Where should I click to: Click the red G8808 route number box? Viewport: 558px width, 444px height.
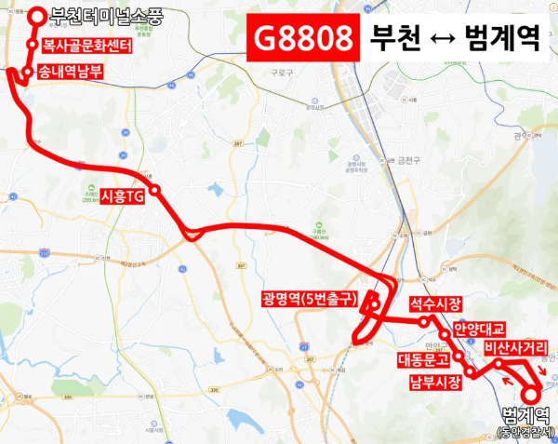[303, 39]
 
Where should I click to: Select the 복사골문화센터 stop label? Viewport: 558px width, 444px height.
[86, 45]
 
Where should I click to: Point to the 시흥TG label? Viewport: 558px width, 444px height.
[122, 196]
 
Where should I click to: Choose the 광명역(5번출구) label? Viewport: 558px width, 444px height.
[308, 300]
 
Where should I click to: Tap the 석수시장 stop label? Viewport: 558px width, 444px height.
[434, 304]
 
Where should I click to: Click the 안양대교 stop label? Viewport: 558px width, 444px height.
[479, 328]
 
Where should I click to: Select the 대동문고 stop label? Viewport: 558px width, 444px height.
[423, 358]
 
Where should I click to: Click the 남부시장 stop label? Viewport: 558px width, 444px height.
[434, 382]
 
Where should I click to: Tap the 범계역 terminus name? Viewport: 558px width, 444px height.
[526, 414]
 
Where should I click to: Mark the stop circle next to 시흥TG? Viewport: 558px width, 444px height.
[155, 190]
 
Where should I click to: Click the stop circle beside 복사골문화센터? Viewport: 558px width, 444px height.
[33, 45]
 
